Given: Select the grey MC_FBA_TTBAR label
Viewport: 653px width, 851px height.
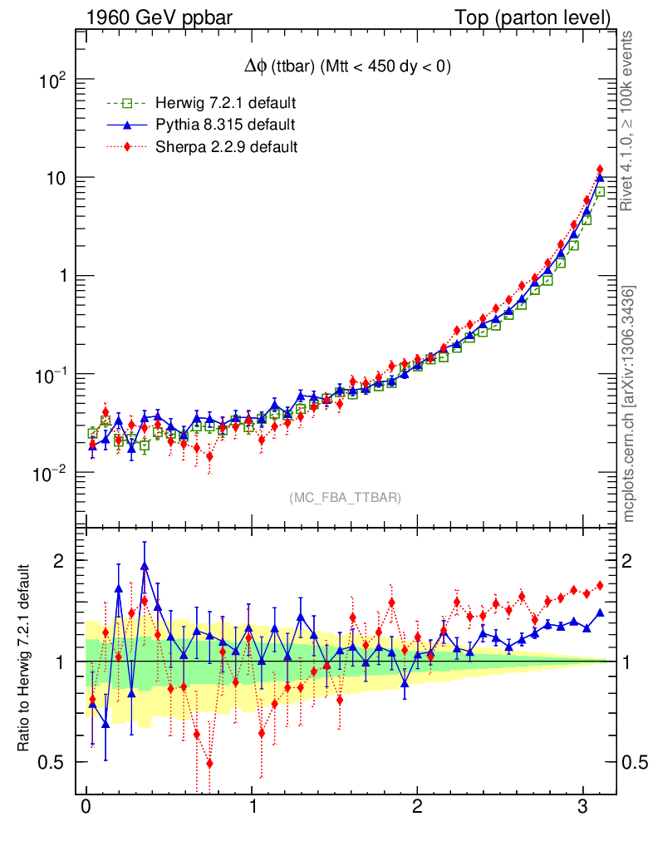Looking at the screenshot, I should tap(346, 498).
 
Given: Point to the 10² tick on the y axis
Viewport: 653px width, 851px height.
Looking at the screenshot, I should tap(52, 81).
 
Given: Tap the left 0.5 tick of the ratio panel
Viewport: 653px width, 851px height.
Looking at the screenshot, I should tap(54, 762).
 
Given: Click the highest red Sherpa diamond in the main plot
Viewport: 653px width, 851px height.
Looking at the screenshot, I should tap(600, 170).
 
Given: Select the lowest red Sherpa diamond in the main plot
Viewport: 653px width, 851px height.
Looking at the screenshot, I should tap(209, 456).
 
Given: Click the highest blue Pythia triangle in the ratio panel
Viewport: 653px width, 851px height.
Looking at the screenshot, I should tap(145, 567).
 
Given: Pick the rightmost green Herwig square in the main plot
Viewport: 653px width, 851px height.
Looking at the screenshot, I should tap(600, 192).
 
